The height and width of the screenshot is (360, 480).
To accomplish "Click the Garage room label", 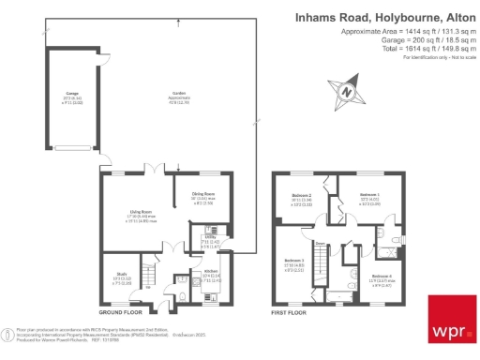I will tap(72, 95).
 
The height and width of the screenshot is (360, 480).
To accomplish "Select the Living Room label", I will tap(141, 212).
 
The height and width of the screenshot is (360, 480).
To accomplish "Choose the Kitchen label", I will tap(211, 276).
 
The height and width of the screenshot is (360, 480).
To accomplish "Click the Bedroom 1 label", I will tap(368, 195).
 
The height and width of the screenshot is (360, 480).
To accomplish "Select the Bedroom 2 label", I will tap(302, 196).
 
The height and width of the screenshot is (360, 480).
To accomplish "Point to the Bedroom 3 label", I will tap(294, 260).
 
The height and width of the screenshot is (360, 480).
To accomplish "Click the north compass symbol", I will tap(345, 91).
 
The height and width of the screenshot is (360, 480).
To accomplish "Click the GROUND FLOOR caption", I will tap(120, 311).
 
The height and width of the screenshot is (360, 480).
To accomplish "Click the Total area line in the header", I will tap(410, 51).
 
